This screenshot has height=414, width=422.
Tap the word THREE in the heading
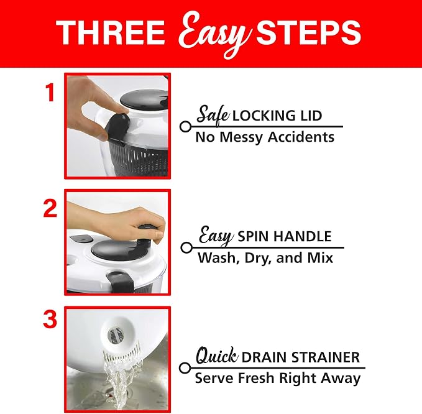point(110,32)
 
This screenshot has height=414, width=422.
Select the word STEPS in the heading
point(308,32)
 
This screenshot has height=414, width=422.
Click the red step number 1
point(50,92)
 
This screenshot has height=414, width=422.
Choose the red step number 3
point(50,320)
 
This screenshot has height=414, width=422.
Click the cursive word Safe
point(213,114)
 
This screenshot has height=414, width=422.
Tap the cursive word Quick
point(217,356)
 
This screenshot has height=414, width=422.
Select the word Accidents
point(301,137)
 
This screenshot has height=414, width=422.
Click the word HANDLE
point(303,236)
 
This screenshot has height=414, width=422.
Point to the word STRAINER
point(326,357)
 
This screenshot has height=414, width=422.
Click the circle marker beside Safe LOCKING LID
point(185,126)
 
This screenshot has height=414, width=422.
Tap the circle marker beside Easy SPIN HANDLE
point(186,247)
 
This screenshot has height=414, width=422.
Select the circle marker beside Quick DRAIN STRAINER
point(185,368)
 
